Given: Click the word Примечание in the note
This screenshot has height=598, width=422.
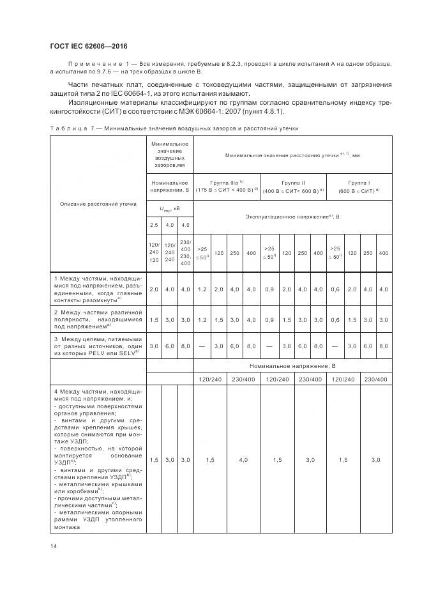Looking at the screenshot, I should [x=93, y=64].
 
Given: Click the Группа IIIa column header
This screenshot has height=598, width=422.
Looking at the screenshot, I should [x=227, y=186].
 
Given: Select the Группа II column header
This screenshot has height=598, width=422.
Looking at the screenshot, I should [x=293, y=186].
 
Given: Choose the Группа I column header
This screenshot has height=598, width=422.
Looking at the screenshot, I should [x=359, y=186].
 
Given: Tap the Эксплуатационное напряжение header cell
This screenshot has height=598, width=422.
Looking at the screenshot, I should [x=293, y=217].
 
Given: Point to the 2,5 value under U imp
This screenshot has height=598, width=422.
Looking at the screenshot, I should [x=154, y=225].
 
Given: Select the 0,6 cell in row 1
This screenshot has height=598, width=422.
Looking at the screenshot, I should [x=334, y=289].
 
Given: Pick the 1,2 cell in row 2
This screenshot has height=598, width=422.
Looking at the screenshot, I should [x=203, y=319].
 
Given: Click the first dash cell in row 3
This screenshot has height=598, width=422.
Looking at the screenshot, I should [x=203, y=346].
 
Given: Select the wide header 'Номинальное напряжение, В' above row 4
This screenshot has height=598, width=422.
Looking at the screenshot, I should [x=293, y=366].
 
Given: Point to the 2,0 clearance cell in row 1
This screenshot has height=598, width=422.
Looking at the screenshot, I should [x=154, y=289].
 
